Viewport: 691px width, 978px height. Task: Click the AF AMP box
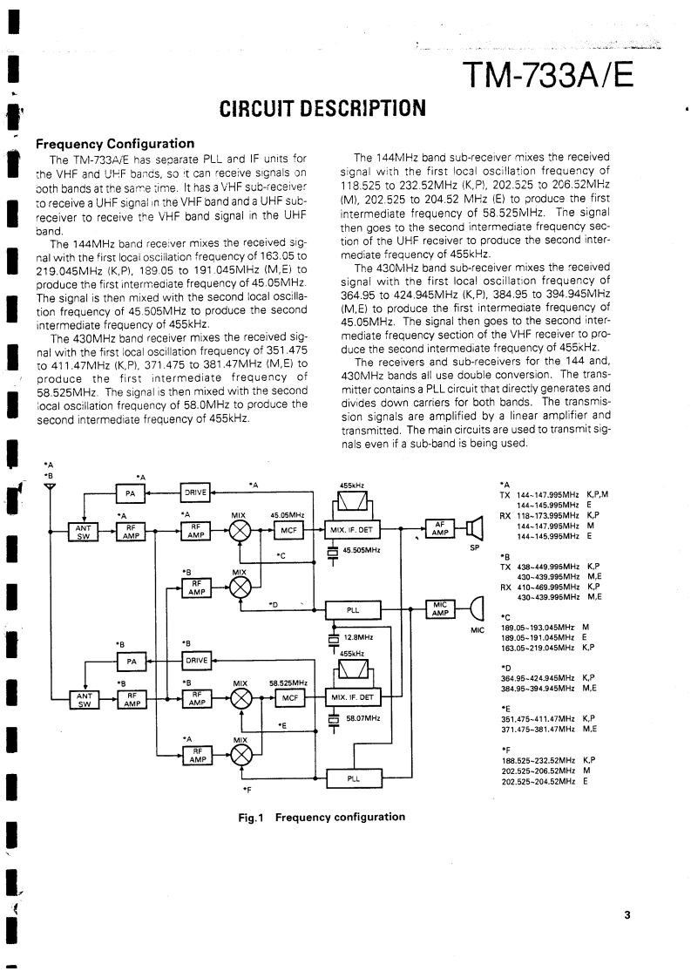click(x=439, y=528)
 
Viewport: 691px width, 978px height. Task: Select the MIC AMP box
click(x=439, y=608)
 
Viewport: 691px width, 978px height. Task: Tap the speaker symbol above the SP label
click(x=474, y=528)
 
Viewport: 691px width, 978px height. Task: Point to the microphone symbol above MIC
click(x=476, y=608)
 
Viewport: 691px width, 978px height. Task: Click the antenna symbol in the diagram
click(x=51, y=486)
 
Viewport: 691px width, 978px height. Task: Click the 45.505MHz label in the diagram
click(x=361, y=550)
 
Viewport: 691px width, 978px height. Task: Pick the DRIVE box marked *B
click(x=195, y=660)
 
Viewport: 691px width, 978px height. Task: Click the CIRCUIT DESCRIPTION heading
click(x=322, y=109)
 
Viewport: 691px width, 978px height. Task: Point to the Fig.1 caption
click(x=322, y=817)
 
